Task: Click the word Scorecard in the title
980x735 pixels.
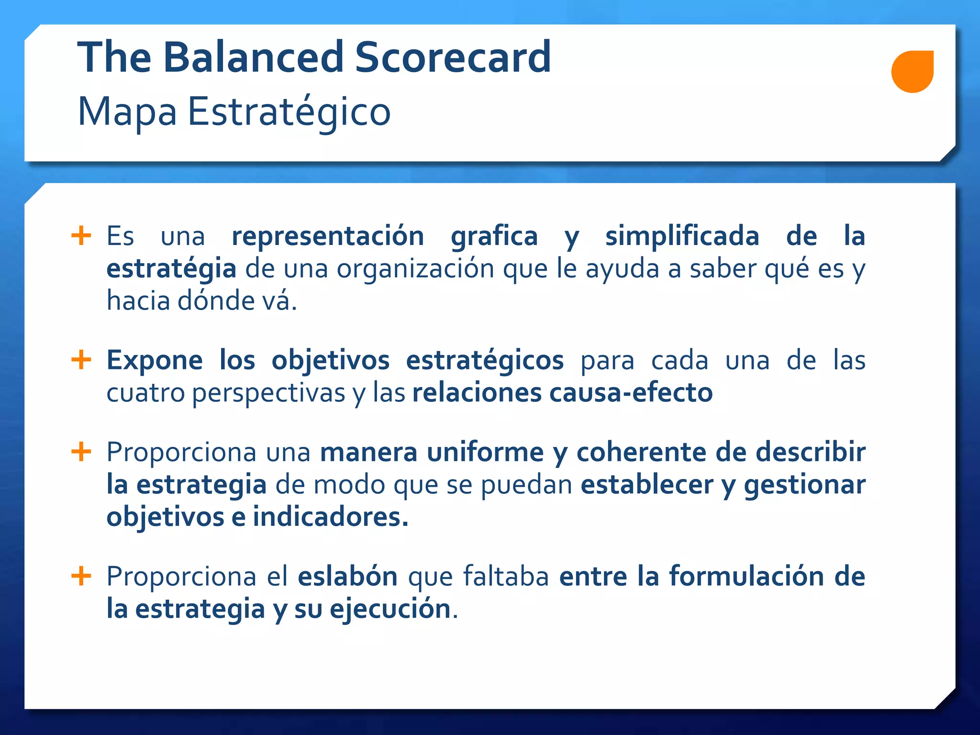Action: (453, 57)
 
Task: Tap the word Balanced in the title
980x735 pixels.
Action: (253, 57)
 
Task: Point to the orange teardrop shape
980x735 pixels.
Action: (912, 71)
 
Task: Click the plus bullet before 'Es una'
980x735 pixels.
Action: (81, 236)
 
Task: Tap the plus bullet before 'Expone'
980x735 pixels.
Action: (81, 360)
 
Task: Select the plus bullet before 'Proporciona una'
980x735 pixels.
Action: (81, 452)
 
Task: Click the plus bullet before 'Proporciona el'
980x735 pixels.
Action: (81, 576)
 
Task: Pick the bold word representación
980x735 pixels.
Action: (328, 237)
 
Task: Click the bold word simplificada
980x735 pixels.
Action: (682, 236)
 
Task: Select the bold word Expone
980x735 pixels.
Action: (154, 360)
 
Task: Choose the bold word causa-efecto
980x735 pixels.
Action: (631, 393)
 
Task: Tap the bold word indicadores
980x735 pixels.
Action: (330, 517)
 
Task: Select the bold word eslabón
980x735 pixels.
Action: (347, 576)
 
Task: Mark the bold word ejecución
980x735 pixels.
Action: (390, 609)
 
